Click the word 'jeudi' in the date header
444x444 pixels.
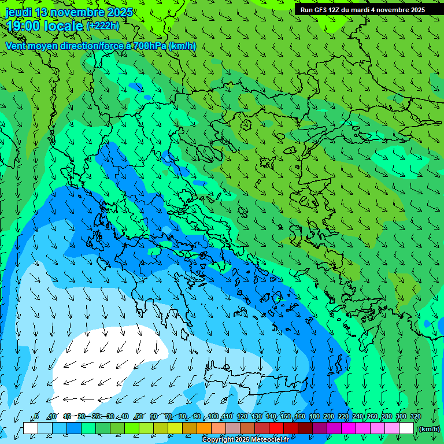coord(18,12)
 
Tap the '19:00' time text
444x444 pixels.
coord(24,26)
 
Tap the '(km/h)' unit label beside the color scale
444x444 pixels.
coord(428,429)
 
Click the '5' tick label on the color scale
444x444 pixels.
coord(36,417)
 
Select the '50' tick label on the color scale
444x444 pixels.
coord(139,417)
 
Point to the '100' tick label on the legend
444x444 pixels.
coord(213,417)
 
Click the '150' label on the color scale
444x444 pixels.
coord(286,417)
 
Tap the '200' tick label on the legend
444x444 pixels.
coord(329,417)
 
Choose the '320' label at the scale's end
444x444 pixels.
coord(415,417)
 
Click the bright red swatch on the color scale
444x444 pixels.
coord(276,428)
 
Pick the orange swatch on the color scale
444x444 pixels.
coord(204,428)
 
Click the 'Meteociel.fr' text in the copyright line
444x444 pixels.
coord(270,440)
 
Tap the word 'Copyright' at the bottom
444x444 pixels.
coord(218,440)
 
